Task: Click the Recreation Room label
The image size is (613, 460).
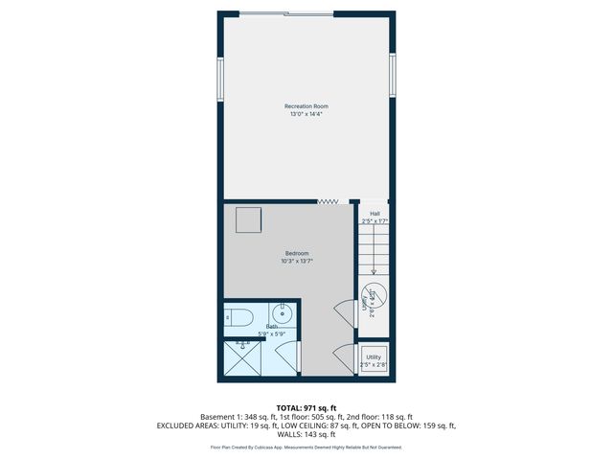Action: click(306, 105)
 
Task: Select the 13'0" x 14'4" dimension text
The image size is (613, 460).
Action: click(306, 114)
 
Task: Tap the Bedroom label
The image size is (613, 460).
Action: click(297, 253)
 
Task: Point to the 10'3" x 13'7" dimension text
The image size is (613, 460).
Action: click(297, 261)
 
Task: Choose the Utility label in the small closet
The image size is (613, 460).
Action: click(374, 356)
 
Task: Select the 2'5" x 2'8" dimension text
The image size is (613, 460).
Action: click(374, 364)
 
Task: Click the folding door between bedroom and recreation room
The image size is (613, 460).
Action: click(329, 201)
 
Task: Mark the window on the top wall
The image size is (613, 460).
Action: click(286, 13)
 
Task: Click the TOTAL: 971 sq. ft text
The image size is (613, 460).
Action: click(306, 407)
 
